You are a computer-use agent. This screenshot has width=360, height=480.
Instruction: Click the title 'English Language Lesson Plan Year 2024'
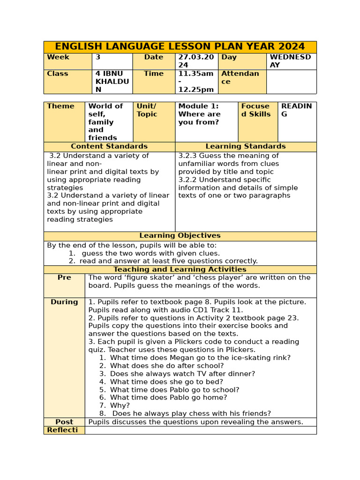click(x=180, y=47)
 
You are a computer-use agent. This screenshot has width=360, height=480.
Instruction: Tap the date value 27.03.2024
click(x=196, y=61)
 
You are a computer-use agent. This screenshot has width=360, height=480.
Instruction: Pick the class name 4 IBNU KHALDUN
click(x=112, y=82)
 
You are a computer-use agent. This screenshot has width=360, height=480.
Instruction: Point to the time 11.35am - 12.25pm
click(x=196, y=82)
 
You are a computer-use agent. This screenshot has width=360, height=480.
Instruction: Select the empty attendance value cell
click(x=291, y=82)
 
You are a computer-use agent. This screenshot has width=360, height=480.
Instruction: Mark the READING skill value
click(x=296, y=110)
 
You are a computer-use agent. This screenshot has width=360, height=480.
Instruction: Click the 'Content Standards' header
click(x=109, y=147)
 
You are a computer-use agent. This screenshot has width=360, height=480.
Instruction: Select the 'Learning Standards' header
click(x=246, y=147)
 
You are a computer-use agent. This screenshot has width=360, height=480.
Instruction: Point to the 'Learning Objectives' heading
click(x=180, y=236)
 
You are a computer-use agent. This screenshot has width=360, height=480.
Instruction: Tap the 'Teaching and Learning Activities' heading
click(x=180, y=270)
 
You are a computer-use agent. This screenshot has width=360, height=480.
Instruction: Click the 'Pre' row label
click(x=64, y=277)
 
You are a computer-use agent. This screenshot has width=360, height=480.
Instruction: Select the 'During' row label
click(x=64, y=302)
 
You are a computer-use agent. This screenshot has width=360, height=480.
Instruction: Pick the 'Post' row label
click(x=64, y=422)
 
